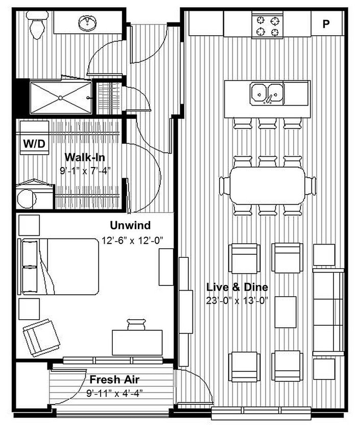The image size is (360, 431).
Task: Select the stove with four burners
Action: tap(269, 26)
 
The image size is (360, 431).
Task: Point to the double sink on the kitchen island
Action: tap(267, 93)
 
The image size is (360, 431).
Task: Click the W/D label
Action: tap(34, 144)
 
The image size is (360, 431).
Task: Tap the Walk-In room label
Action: tap(84, 157)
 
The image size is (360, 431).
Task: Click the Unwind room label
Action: tap(130, 225)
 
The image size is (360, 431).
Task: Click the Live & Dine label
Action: tap(237, 287)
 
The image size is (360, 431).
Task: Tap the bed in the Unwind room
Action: tap(59, 266)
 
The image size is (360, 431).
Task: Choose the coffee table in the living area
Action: tap(285, 312)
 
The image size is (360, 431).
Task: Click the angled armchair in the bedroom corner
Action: tap(41, 337)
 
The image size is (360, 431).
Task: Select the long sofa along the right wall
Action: tap(328, 311)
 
